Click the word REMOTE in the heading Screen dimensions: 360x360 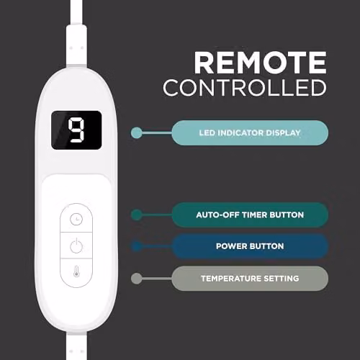point(261,63)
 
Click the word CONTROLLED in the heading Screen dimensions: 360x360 point(245,88)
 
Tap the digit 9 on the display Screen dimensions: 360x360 point(76,130)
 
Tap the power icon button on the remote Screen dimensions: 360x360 point(76,246)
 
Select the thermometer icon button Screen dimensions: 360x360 point(76,272)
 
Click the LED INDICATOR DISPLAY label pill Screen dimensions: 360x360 point(250,133)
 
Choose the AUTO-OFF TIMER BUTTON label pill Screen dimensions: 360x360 point(250,215)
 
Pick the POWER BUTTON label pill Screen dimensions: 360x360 point(250,246)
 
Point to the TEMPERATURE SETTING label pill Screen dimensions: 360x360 point(250,279)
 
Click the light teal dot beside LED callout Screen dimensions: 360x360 point(137,133)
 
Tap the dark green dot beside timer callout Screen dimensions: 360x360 point(137,215)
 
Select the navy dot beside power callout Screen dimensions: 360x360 point(137,246)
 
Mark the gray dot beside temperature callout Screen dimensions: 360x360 point(137,279)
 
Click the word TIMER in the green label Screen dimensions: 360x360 point(255,215)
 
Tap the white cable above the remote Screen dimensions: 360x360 point(76,34)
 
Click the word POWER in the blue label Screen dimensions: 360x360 point(230,246)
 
